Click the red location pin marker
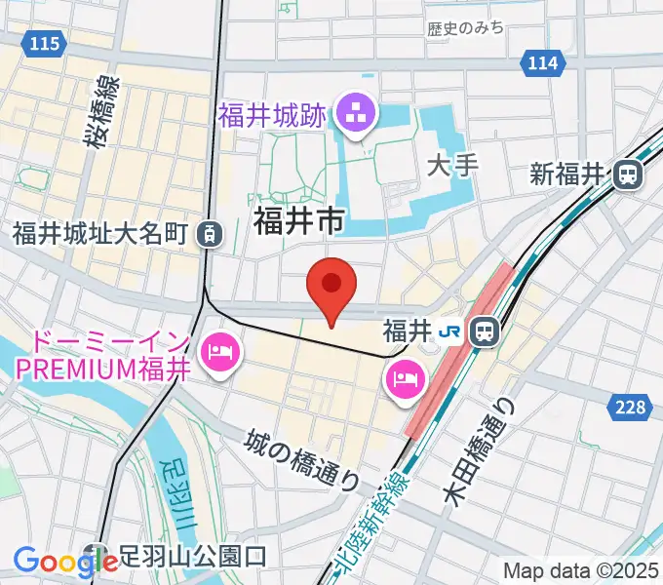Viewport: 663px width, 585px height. pyautogui.click(x=331, y=286)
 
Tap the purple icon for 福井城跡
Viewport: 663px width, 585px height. pyautogui.click(x=355, y=115)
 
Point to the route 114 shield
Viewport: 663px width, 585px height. pyautogui.click(x=543, y=63)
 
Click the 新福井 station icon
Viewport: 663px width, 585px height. pyautogui.click(x=629, y=175)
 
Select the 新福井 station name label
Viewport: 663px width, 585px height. pyautogui.click(x=568, y=175)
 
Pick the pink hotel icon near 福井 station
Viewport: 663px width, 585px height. pyautogui.click(x=405, y=378)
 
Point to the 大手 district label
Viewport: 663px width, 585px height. pyautogui.click(x=454, y=165)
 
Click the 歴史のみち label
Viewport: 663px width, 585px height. pyautogui.click(x=466, y=28)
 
